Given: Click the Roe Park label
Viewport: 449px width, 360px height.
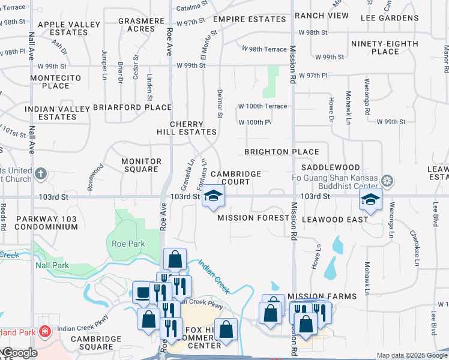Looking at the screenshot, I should pyautogui.click(x=128, y=244).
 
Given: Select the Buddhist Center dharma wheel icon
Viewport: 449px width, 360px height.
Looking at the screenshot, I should pyautogui.click(x=387, y=181).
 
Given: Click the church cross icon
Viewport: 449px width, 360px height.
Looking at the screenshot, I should pyautogui.click(x=40, y=174).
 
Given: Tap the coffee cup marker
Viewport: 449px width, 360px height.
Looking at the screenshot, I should pyautogui.click(x=142, y=292).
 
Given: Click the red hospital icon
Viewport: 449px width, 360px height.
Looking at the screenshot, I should pyautogui.click(x=44, y=331).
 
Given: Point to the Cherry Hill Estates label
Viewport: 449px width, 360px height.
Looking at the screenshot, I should pyautogui.click(x=186, y=128).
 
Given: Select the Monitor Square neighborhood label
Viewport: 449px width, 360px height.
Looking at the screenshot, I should pyautogui.click(x=141, y=165).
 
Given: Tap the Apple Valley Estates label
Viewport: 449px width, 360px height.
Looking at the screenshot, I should pyautogui.click(x=69, y=28).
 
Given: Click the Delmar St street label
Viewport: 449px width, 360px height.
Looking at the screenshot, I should pyautogui.click(x=220, y=104).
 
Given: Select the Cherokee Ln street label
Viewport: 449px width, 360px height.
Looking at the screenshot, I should pyautogui.click(x=414, y=247).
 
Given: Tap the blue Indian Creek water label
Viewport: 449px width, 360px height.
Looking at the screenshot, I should pyautogui.click(x=214, y=277).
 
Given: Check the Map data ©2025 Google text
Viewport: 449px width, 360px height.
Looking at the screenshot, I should pyautogui.click(x=412, y=355).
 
